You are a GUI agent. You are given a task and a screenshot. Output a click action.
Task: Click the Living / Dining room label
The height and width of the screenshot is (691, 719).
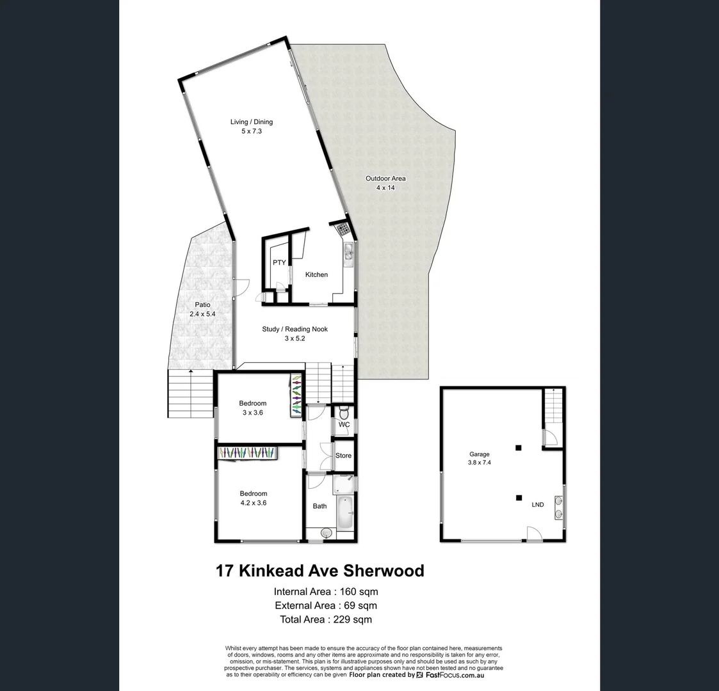(252, 122)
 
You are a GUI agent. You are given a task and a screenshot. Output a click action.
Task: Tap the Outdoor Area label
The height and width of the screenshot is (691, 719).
(385, 179)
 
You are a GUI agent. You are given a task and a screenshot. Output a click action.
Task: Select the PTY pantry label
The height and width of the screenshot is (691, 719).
(279, 262)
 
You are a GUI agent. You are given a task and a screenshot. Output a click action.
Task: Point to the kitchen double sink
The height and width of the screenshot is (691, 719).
(348, 254)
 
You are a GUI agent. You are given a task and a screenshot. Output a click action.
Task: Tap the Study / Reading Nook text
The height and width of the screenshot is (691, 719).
(295, 329)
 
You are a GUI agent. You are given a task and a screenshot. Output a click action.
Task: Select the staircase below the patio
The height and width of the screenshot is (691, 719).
(190, 393)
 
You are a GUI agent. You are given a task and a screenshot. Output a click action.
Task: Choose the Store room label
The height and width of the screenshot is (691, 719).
(343, 456)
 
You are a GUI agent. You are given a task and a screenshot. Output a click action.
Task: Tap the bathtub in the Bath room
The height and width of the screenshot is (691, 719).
(344, 512)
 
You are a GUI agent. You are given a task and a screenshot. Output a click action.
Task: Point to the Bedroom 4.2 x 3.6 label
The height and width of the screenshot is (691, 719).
(254, 493)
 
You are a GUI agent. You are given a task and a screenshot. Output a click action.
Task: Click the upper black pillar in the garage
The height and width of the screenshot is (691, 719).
(519, 447)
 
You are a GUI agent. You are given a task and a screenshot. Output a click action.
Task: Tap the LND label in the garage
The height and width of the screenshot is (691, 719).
(538, 505)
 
